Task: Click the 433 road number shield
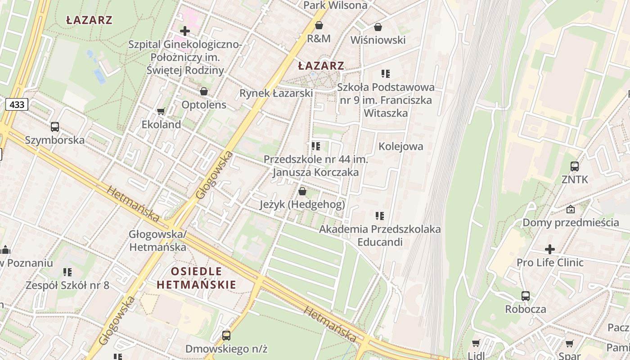coord(17,105)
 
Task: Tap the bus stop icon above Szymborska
coord(55,127)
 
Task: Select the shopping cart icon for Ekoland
coord(161,111)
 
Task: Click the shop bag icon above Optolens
coord(204,91)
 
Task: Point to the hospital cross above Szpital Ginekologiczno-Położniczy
coord(184,31)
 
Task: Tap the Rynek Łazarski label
coord(276,93)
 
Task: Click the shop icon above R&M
coord(319,25)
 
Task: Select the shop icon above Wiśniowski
coord(378,27)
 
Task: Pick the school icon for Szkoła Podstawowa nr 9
coord(385,73)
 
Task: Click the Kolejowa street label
coord(400,146)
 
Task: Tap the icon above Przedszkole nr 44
coord(316,146)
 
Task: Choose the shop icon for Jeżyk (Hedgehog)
coord(302,191)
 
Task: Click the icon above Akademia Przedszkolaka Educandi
coord(380,216)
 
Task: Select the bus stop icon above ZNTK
coord(575,166)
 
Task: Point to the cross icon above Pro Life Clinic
coord(550,249)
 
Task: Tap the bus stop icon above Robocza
coord(526,296)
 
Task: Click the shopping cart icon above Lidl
coord(476,343)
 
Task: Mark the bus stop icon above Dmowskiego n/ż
coord(226,335)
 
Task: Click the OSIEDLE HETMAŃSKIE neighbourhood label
coord(196,278)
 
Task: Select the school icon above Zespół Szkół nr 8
coord(67,272)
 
